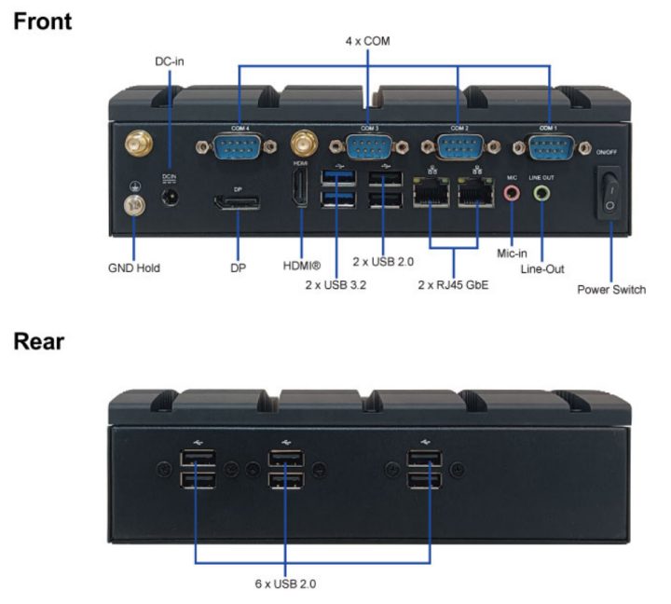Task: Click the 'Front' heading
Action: pos(43,21)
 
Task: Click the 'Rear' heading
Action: pos(39,341)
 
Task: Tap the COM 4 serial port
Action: pos(239,147)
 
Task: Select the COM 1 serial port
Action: pos(550,146)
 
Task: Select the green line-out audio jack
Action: pos(541,193)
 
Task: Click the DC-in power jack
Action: pos(170,198)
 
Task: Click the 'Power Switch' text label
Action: pos(611,289)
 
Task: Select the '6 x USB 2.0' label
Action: pos(286,584)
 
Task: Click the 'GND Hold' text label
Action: pos(134,268)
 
